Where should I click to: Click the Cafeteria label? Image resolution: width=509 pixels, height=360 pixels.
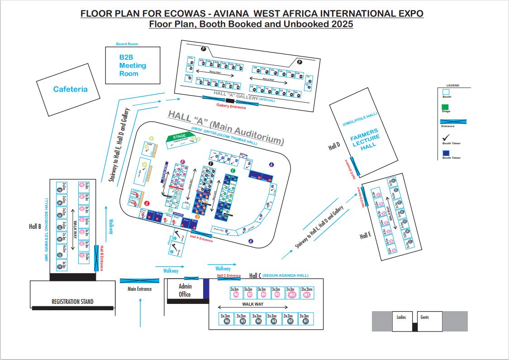70,89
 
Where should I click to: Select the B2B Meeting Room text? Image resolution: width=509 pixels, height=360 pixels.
133,66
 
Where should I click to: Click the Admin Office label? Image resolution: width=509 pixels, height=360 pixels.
185,290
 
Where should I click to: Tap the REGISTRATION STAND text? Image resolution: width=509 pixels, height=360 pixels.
72,301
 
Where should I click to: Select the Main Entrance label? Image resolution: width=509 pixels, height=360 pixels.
139,289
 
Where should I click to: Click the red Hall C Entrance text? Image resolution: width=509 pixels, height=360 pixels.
228,275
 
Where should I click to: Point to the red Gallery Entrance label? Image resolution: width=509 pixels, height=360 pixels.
231,107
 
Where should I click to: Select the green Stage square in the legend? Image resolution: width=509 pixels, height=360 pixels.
446,107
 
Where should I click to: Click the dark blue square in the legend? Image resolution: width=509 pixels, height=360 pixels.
446,153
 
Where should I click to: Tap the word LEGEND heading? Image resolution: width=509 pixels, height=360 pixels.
452,85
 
